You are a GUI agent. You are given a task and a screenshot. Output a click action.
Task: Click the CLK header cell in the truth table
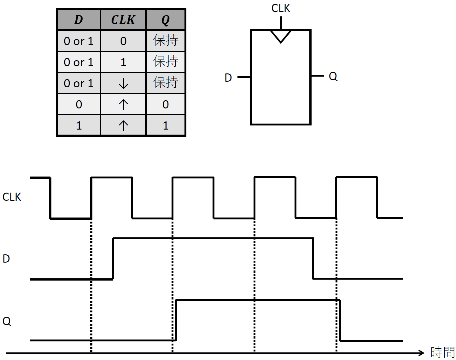point(123,20)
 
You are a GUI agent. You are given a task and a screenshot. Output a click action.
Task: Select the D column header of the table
point(79,20)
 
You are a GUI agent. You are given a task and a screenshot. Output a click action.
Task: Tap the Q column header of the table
point(166,20)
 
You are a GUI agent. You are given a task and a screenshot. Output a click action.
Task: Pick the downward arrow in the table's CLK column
point(123,83)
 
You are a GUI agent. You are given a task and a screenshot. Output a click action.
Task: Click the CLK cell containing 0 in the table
point(123,41)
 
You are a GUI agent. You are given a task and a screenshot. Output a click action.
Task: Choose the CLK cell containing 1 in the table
point(123,62)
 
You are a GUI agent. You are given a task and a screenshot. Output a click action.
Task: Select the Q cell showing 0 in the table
point(166,104)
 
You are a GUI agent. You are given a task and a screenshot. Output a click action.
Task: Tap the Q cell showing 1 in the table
point(166,125)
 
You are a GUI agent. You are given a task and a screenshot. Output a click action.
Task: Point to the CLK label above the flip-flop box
point(280,8)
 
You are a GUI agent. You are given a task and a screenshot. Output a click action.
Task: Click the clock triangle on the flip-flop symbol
point(281,36)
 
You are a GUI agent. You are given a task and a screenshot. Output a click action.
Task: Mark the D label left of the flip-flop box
point(228,78)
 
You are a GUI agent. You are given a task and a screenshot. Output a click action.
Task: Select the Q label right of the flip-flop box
point(333,76)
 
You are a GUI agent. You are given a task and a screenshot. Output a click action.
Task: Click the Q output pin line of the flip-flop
point(317,76)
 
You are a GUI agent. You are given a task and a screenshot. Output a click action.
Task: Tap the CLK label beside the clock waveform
point(12,197)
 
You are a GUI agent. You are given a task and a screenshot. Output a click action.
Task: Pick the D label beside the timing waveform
point(6,259)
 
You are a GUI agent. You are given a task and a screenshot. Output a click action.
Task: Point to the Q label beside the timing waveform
point(7,321)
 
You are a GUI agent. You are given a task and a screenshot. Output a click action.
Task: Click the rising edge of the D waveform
point(113,259)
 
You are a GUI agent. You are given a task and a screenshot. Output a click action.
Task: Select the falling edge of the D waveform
point(313,258)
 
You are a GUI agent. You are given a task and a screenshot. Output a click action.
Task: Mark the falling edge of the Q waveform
point(340,320)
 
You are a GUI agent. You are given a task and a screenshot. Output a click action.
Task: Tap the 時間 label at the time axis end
point(442,352)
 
